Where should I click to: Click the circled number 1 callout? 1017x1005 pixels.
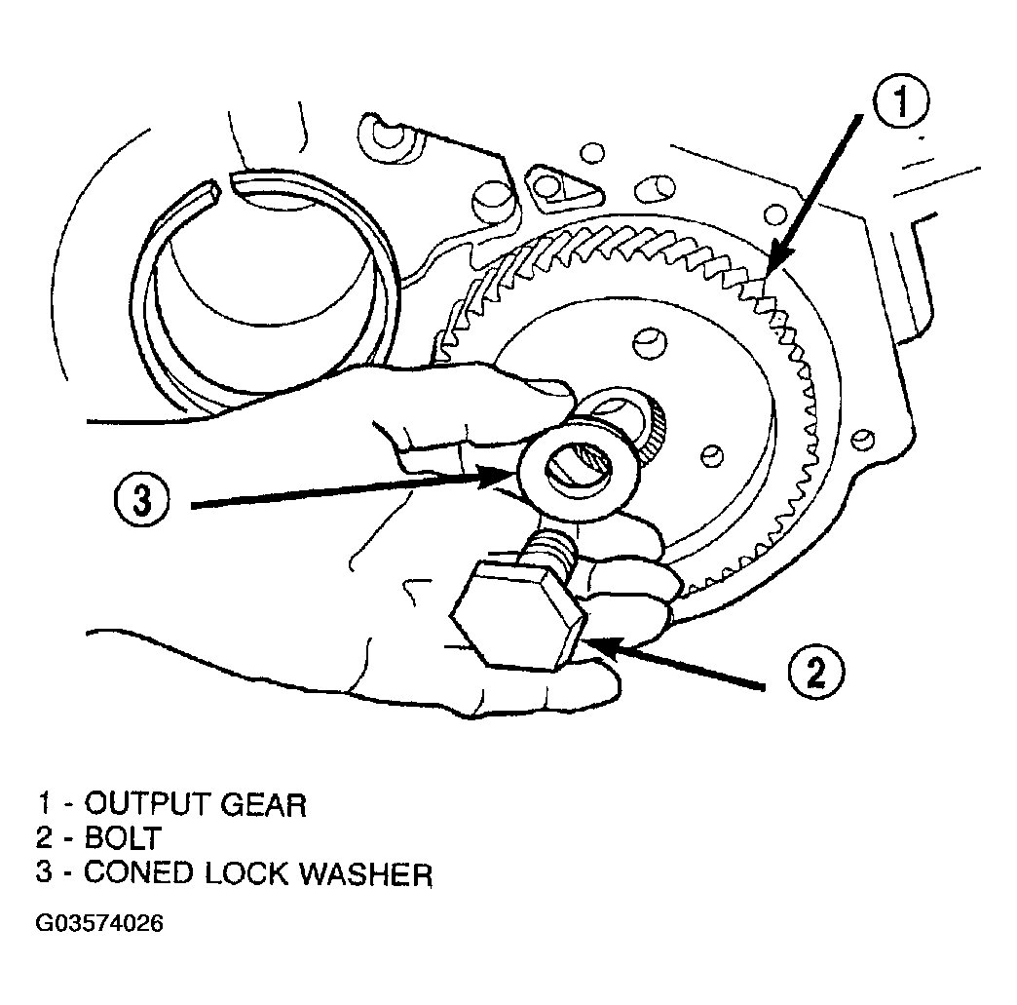900,103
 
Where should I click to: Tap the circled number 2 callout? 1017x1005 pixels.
815,672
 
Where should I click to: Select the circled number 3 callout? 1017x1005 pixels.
141,501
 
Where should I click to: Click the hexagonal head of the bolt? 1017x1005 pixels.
519,615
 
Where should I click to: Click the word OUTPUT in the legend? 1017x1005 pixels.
146,804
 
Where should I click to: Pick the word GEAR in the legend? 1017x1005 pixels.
263,805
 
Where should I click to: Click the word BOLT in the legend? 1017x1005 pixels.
124,838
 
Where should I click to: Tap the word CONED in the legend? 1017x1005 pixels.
138,873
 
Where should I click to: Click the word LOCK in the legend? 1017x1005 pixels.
245,873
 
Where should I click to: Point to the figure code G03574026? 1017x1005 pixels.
99,923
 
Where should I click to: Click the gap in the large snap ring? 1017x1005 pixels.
225,183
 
